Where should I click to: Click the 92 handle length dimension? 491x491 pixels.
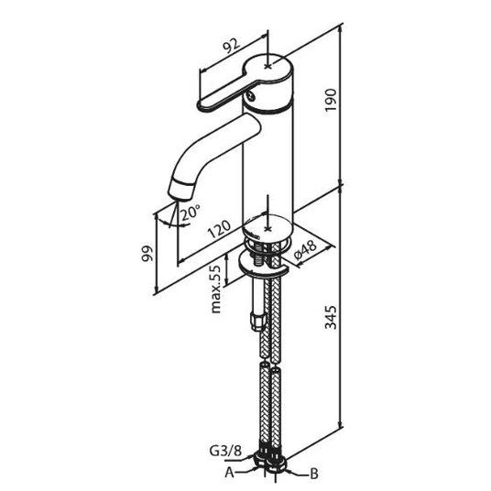231,47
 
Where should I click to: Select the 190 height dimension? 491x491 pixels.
331,100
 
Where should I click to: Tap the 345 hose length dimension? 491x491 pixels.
331,318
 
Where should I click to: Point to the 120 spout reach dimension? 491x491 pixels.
219,229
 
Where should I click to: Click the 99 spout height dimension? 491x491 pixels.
147,254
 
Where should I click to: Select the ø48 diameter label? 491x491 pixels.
305,250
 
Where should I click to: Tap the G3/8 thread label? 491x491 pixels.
225,452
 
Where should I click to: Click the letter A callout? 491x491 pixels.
229,473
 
